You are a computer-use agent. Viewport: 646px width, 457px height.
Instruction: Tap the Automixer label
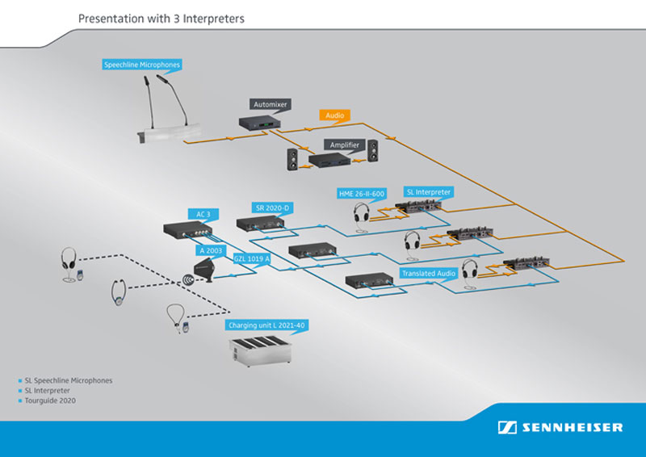coord(271,105)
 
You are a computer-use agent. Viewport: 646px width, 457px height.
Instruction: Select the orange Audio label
coord(334,115)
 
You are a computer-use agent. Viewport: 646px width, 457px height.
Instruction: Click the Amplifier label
coord(344,145)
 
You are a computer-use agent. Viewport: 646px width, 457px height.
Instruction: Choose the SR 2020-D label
coord(272,208)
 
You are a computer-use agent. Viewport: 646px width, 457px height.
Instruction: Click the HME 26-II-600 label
coord(362,194)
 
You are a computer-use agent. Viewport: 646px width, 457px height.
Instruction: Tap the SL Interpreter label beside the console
coord(429,192)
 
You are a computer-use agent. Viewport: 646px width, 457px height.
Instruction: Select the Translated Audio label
coord(428,274)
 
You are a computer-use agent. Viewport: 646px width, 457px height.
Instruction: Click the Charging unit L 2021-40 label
coord(266,325)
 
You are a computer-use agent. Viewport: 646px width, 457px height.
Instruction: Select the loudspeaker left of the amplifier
coord(292,158)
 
